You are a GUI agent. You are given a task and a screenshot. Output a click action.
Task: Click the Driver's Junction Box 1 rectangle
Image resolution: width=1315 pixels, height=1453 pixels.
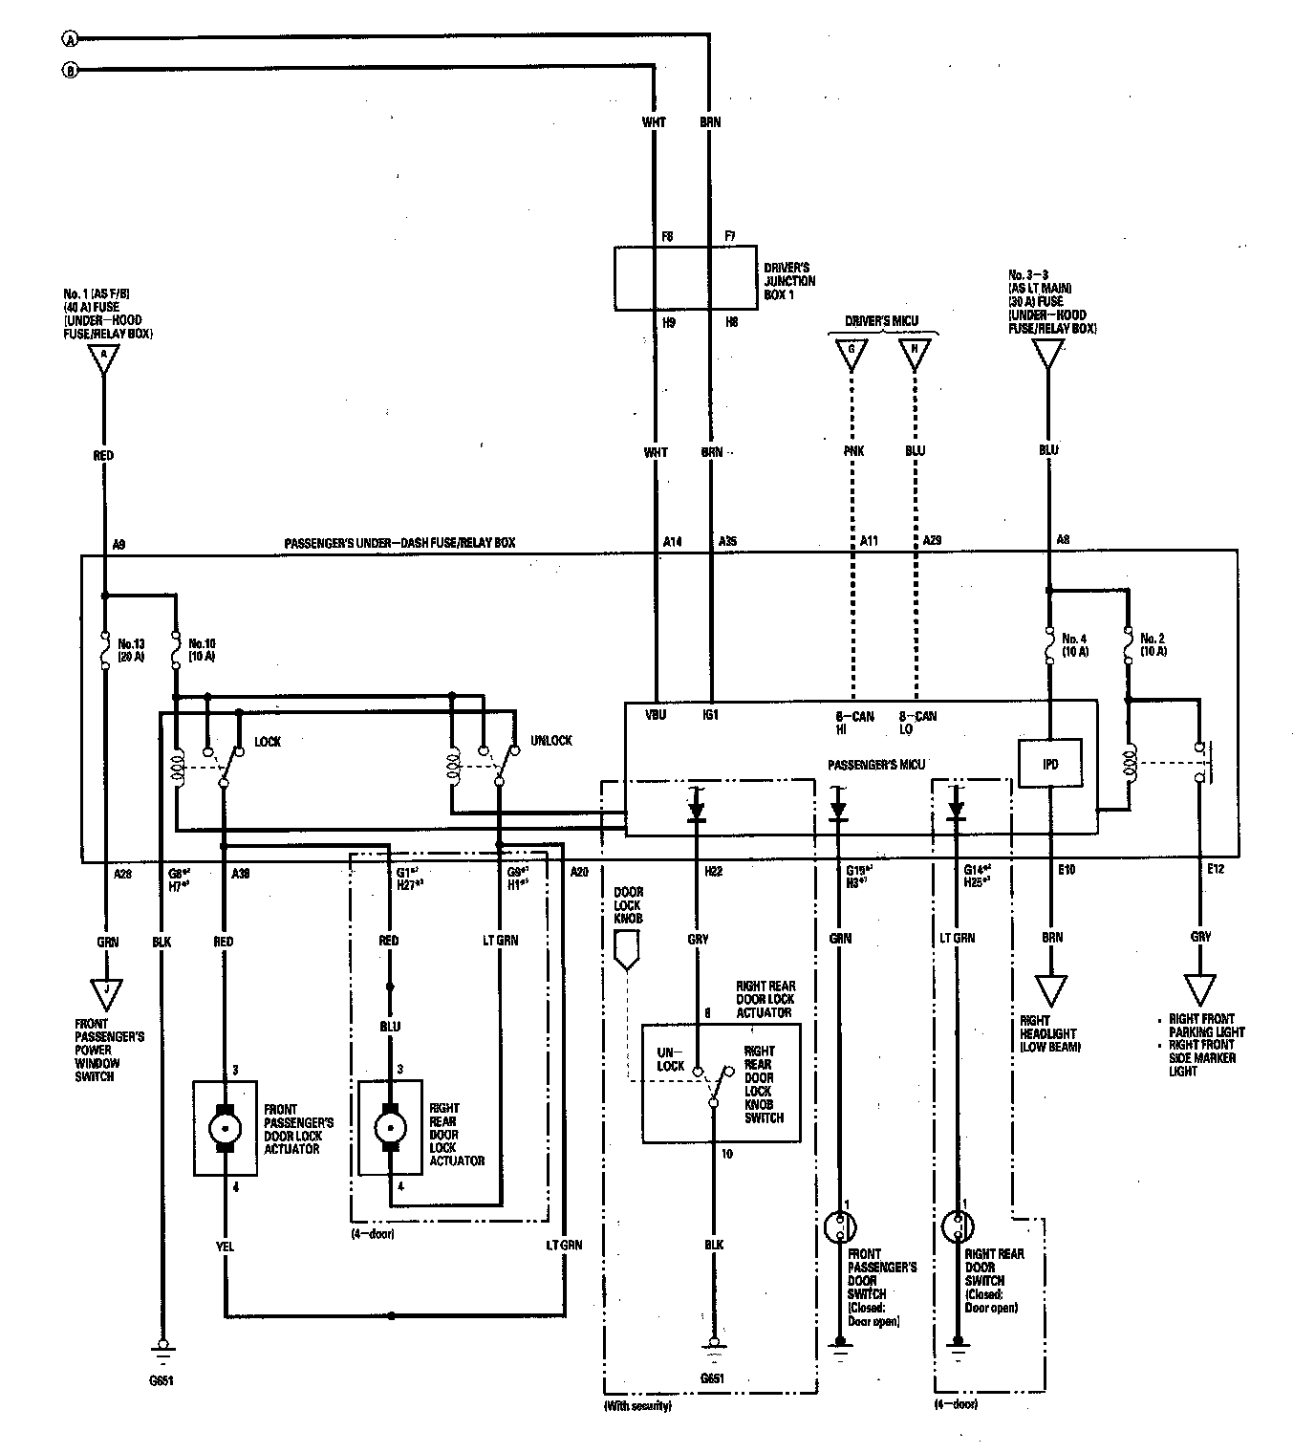point(680,278)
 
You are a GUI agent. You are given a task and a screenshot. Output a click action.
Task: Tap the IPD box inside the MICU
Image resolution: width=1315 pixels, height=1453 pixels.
point(1050,763)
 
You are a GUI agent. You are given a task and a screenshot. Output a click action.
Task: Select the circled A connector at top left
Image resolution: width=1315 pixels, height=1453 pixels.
point(69,38)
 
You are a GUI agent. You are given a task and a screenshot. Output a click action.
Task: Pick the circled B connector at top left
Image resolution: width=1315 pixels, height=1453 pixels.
point(69,70)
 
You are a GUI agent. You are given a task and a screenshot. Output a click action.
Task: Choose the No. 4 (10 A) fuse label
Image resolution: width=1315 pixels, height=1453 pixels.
point(1075,644)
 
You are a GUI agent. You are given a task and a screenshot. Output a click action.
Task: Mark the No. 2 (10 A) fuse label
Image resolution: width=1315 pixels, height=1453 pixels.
point(1153,644)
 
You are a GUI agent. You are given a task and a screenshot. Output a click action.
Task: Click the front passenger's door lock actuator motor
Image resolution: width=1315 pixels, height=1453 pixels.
point(226,1127)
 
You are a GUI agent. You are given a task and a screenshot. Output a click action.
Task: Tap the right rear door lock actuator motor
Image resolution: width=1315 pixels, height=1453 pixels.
point(390,1127)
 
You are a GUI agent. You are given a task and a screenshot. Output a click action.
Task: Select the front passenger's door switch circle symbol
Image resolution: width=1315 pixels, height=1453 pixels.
point(840,1227)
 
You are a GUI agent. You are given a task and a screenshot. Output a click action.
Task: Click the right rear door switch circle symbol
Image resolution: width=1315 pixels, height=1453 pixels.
point(956,1227)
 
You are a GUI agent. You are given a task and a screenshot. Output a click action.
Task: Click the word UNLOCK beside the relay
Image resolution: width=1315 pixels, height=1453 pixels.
point(550,741)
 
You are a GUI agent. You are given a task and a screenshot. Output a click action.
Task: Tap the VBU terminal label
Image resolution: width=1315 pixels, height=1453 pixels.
point(656,714)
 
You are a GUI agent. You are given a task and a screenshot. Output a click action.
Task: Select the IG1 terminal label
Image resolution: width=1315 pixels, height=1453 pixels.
point(710,714)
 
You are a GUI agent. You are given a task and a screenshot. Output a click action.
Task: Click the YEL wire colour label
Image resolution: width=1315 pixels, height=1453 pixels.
point(226,1247)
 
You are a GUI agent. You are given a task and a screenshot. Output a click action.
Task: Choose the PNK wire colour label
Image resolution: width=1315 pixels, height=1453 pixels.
point(853,451)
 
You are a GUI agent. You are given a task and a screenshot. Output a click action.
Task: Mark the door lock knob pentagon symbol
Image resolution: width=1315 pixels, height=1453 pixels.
point(625,954)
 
